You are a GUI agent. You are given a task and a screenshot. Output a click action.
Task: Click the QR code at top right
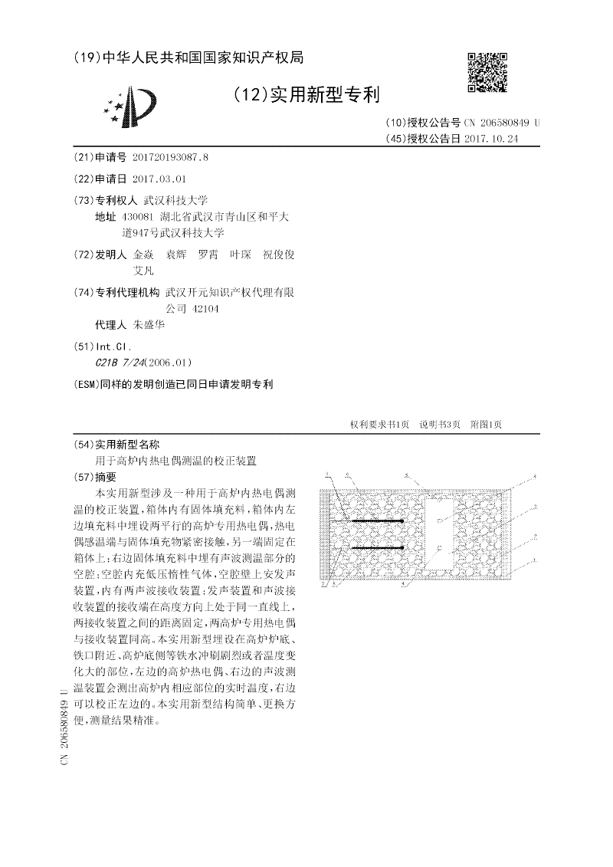click(x=487, y=72)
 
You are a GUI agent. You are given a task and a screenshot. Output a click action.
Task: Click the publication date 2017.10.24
click(x=492, y=139)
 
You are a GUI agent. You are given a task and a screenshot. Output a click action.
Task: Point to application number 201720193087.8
click(x=170, y=157)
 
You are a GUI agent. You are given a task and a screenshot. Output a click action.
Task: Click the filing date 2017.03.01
click(x=159, y=179)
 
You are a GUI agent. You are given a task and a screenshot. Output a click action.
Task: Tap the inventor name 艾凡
click(x=143, y=271)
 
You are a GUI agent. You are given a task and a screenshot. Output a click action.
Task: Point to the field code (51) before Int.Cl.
click(x=81, y=346)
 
